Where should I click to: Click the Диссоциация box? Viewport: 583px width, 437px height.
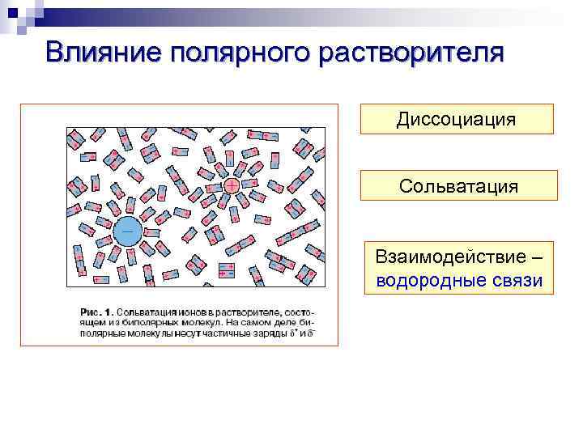pos(456,119)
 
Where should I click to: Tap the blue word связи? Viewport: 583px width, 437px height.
pos(514,280)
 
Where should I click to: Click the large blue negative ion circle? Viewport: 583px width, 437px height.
pos(128,231)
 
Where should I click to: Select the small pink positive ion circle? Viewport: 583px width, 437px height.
pos(232,185)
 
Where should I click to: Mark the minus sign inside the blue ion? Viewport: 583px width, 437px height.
pos(128,231)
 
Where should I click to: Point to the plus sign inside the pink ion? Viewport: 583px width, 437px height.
pos(232,185)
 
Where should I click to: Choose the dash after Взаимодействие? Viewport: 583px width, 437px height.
pos(535,257)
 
